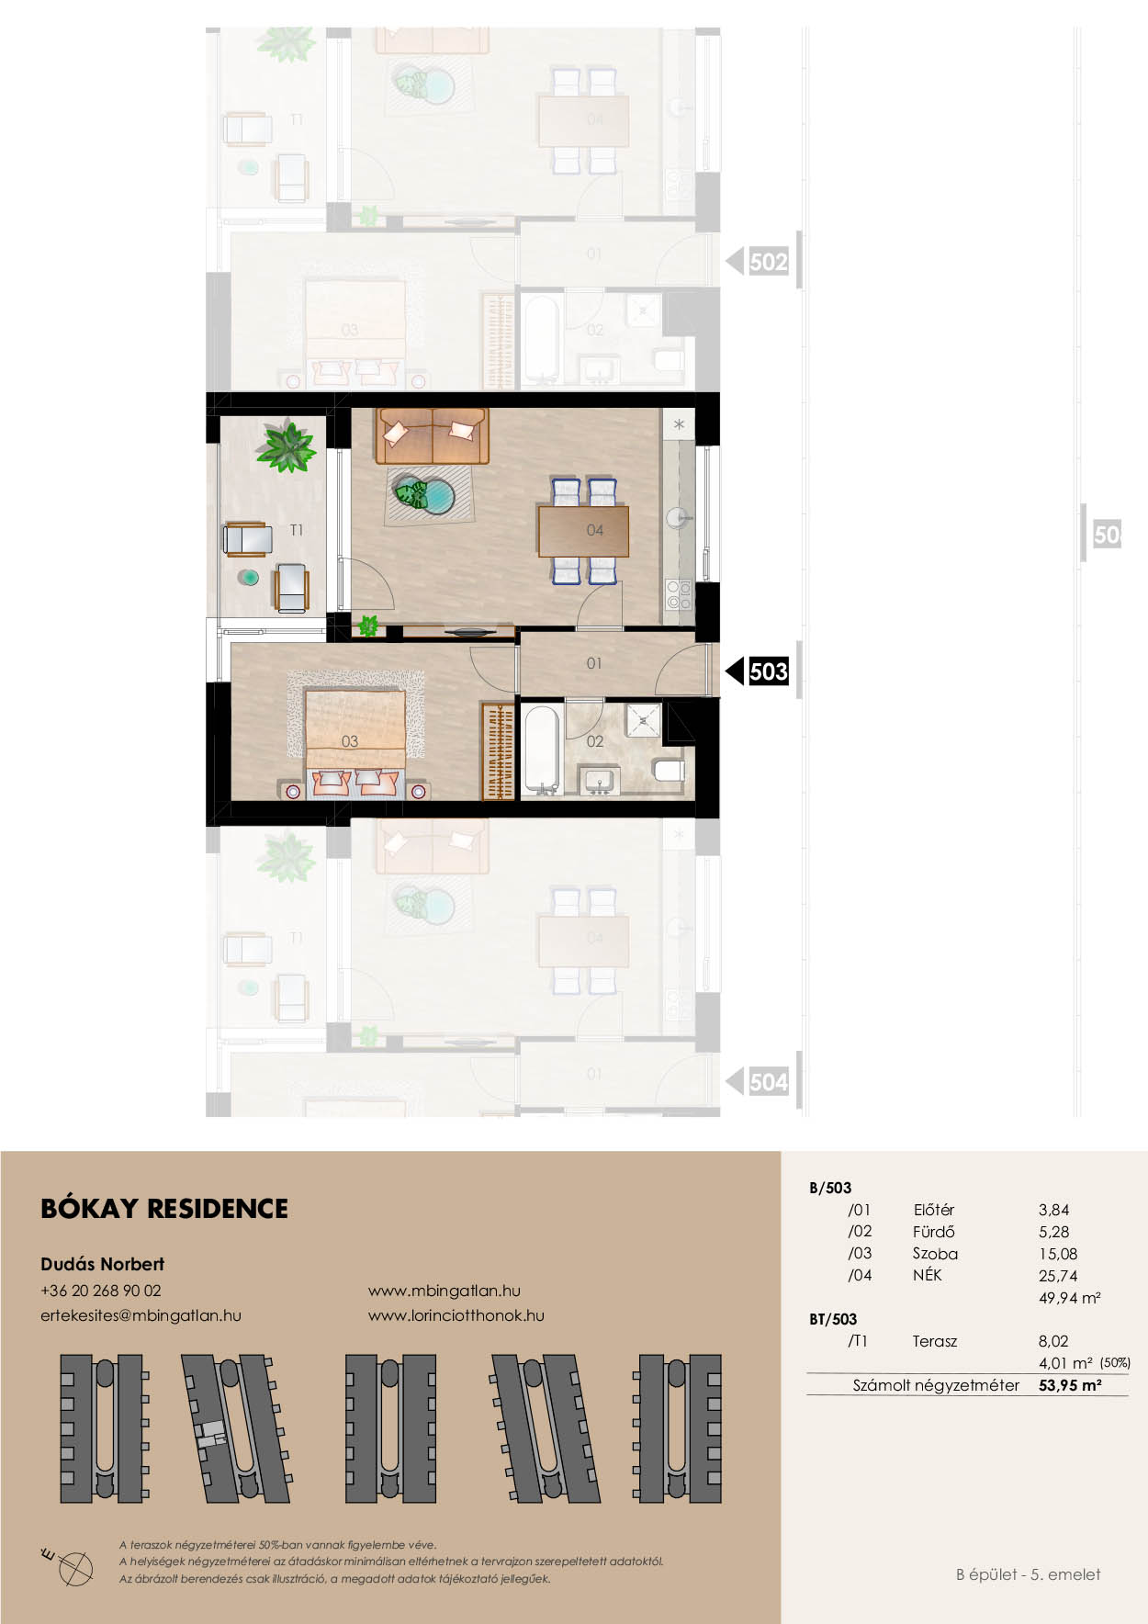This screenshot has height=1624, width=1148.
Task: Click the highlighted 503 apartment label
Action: (768, 671)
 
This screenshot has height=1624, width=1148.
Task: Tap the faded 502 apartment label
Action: (768, 262)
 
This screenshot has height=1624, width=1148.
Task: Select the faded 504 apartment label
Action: (768, 1082)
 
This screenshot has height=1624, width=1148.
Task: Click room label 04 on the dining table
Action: (595, 530)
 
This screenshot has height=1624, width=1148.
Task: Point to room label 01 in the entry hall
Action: (594, 662)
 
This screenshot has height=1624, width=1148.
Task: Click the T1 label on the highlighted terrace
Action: (296, 530)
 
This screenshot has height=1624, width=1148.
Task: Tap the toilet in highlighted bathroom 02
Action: (669, 769)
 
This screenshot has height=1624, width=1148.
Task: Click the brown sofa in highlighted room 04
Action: (432, 436)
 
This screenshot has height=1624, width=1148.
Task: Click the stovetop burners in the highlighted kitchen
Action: (679, 594)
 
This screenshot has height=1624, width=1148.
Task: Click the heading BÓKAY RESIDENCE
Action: (164, 1209)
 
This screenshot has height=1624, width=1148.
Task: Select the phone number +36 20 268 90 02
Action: (101, 1291)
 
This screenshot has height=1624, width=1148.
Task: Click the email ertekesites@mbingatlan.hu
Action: (141, 1315)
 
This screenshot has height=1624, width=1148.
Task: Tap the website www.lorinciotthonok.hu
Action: (456, 1315)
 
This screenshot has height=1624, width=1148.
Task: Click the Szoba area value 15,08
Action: (1058, 1254)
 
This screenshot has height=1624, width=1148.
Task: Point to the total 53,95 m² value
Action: (1070, 1385)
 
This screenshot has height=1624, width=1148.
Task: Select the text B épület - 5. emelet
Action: (1028, 1574)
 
